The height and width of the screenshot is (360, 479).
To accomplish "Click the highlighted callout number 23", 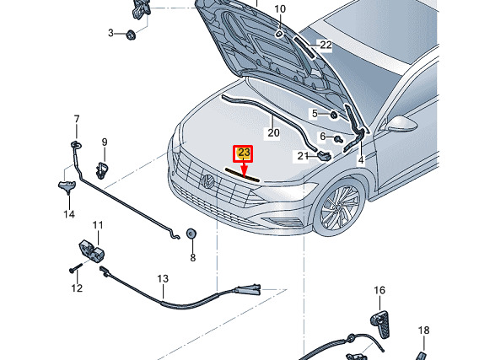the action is (244, 153).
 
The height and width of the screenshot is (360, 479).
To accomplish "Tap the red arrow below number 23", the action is (244, 169).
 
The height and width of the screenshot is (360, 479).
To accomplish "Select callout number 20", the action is (273, 133).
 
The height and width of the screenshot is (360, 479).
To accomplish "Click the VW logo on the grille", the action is (208, 181).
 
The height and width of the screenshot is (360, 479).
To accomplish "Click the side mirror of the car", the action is (401, 124).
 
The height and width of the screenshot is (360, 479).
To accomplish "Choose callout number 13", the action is (163, 278).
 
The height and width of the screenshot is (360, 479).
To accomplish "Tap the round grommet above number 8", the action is (191, 234).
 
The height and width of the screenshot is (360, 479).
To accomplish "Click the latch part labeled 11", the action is (92, 250).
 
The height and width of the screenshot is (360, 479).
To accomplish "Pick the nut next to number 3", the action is (131, 35).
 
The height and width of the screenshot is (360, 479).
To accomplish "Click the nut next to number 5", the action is (333, 116).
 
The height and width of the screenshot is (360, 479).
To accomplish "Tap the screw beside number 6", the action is (338, 140).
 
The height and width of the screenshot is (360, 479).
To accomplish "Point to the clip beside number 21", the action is (325, 155).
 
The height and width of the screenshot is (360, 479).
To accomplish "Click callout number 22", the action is (326, 46).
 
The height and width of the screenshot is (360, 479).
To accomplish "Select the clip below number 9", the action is (102, 169).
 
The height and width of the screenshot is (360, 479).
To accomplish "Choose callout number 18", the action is (423, 330).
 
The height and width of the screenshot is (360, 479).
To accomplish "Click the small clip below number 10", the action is (279, 34).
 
